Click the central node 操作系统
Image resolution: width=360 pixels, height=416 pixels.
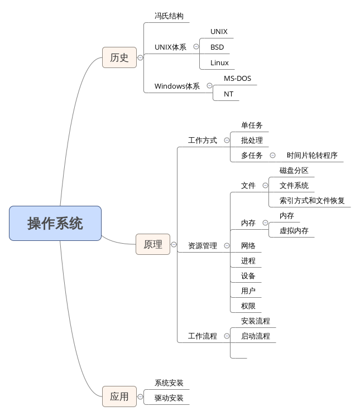(55, 223)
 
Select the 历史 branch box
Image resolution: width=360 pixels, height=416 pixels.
(119, 57)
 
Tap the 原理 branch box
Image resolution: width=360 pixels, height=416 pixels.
(153, 244)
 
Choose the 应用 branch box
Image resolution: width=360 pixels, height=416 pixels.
(119, 396)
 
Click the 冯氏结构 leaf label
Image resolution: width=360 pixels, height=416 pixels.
(169, 16)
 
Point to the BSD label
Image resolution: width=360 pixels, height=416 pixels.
(217, 47)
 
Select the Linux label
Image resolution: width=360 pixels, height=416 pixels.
(219, 62)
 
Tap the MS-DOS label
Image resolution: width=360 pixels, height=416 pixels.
(237, 79)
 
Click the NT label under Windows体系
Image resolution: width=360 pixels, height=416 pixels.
(229, 94)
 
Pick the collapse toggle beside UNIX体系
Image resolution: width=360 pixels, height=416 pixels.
(196, 47)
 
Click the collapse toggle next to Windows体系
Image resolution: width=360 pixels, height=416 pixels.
(209, 86)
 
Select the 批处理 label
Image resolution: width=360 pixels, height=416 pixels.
(252, 141)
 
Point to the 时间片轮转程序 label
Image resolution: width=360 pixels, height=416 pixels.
(312, 156)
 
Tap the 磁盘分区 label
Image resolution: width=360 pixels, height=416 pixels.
(294, 171)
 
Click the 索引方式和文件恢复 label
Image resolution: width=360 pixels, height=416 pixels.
(312, 201)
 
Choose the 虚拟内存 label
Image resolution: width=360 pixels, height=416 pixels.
(294, 231)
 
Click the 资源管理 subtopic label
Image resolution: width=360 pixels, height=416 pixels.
(203, 245)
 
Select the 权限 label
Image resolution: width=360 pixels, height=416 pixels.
(248, 306)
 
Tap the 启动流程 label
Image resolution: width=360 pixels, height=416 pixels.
(256, 336)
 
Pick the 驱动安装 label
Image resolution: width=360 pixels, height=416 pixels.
(169, 399)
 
